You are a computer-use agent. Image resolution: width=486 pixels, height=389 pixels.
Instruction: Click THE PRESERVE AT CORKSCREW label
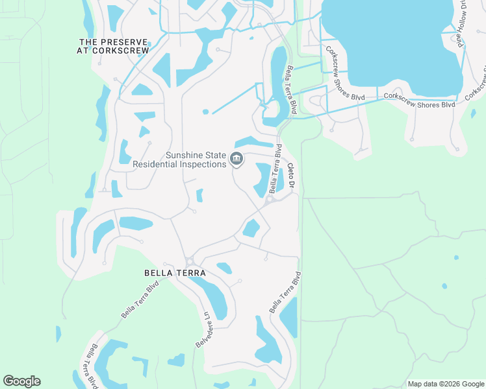[113, 45]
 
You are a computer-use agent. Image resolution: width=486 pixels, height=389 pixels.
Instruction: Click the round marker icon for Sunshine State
[237, 159]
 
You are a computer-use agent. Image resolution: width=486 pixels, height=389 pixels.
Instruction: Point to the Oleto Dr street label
[292, 176]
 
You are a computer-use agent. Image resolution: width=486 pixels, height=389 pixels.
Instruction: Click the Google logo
[21, 381]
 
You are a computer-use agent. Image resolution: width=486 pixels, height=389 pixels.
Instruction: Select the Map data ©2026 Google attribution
[446, 384]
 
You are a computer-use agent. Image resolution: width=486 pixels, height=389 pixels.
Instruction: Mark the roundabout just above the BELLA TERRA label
[189, 261]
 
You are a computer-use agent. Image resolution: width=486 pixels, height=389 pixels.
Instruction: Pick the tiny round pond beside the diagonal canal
[205, 112]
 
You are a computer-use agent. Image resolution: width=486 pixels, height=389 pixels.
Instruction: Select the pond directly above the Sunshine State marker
[252, 142]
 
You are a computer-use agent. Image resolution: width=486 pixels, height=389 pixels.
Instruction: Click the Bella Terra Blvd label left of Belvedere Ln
[140, 300]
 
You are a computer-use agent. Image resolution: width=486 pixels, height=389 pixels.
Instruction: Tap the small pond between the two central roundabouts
[251, 228]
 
